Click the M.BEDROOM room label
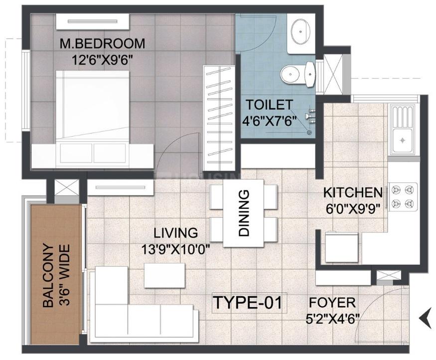pyautogui.click(x=102, y=44)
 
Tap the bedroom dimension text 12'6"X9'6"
pyautogui.click(x=101, y=60)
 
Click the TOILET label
pyautogui.click(x=270, y=105)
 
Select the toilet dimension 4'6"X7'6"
pyautogui.click(x=269, y=121)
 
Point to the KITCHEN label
pyautogui.click(x=353, y=193)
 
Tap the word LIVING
pyautogui.click(x=176, y=232)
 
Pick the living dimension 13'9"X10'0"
pyautogui.click(x=175, y=249)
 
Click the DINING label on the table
pyautogui.click(x=244, y=213)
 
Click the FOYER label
pyautogui.click(x=332, y=303)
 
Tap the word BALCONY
pyautogui.click(x=48, y=276)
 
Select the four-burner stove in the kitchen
pyautogui.click(x=403, y=197)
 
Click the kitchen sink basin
pyautogui.click(x=402, y=141)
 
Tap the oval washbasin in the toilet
pyautogui.click(x=300, y=31)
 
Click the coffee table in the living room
pyautogui.click(x=164, y=275)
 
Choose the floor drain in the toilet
pyautogui.click(x=309, y=133)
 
